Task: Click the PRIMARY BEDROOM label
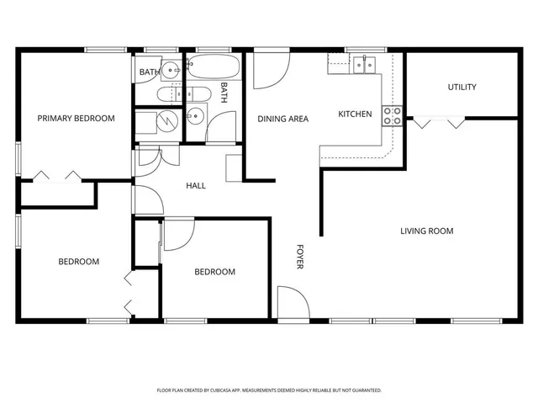point(76,119)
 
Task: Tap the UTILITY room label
point(462,88)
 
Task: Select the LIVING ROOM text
point(426,231)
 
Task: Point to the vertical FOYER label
point(300,257)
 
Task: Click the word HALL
point(196,186)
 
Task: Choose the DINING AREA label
point(282,119)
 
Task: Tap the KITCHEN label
point(355,114)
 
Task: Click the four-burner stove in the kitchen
point(392,116)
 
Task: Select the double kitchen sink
point(365,62)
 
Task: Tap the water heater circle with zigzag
point(171,121)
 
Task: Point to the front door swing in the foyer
point(291,302)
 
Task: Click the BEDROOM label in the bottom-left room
point(78,262)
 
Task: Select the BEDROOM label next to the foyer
point(214,272)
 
